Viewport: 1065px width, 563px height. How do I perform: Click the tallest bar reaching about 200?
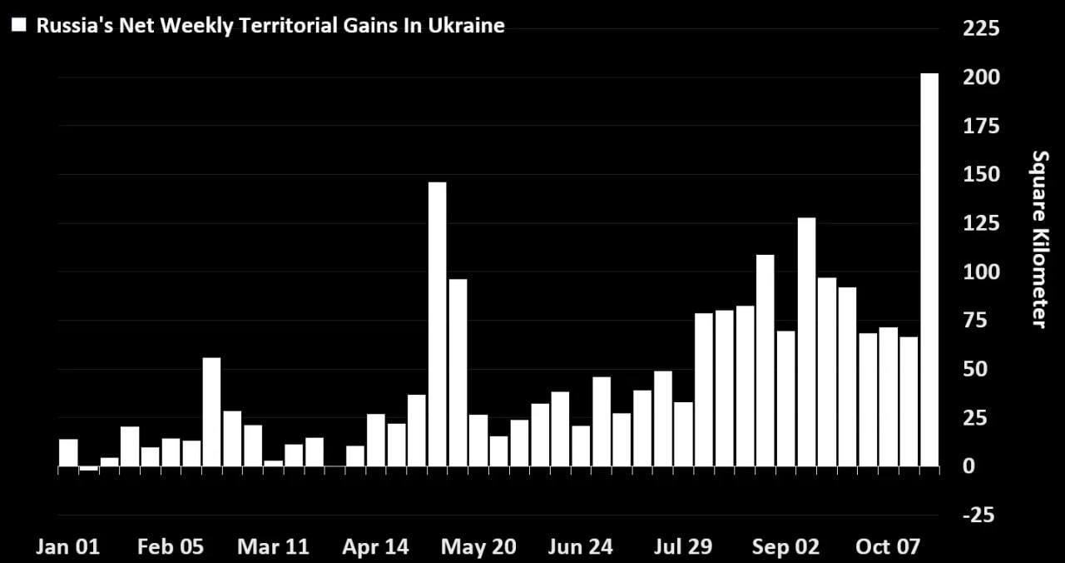tap(929, 271)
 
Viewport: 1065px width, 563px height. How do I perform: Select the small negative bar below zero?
tap(88, 469)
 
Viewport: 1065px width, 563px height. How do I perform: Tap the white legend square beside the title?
tap(19, 25)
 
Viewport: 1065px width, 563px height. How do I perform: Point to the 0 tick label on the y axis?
tap(968, 466)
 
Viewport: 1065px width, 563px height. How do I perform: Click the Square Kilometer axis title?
tap(1039, 239)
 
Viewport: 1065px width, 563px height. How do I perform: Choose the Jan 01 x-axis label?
tap(67, 547)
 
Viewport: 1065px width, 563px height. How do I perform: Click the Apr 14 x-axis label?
tap(376, 547)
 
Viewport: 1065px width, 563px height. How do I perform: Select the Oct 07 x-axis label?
tap(888, 547)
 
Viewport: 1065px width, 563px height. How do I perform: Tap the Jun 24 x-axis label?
tap(581, 547)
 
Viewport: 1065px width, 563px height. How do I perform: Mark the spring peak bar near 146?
tap(437, 325)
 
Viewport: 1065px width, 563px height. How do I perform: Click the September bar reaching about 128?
tap(806, 342)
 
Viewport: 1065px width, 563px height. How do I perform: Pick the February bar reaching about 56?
tap(211, 412)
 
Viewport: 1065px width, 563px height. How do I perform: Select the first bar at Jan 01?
tap(68, 452)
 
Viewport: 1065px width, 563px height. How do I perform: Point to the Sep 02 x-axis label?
tap(785, 547)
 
